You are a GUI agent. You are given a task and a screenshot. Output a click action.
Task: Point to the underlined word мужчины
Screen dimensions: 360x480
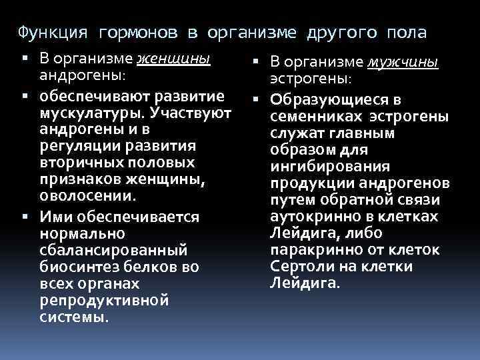(x=403, y=63)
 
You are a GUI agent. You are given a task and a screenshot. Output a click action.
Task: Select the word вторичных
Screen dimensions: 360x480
(x=83, y=162)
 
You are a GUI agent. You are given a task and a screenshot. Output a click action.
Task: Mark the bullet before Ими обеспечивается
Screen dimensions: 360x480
(x=24, y=217)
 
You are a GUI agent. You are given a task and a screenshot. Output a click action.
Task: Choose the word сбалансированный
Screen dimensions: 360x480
(x=113, y=250)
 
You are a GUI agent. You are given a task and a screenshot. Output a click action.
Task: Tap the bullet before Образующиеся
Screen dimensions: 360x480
(x=254, y=100)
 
